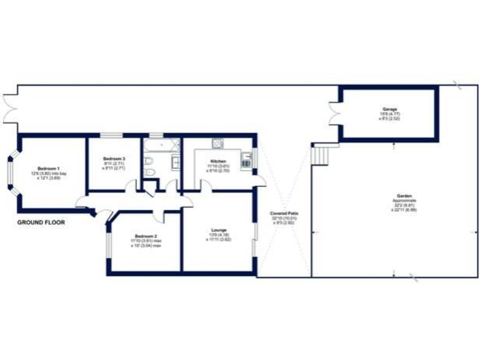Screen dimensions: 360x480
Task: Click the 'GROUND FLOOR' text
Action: pyautogui.click(x=41, y=222)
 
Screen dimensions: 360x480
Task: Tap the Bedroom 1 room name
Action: pyautogui.click(x=48, y=168)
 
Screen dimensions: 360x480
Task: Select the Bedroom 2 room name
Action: pyautogui.click(x=146, y=236)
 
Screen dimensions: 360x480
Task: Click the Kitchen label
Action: pyautogui.click(x=218, y=162)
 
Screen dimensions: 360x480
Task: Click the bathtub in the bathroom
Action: pyautogui.click(x=162, y=146)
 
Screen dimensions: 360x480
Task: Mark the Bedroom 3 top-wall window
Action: pyautogui.click(x=111, y=136)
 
